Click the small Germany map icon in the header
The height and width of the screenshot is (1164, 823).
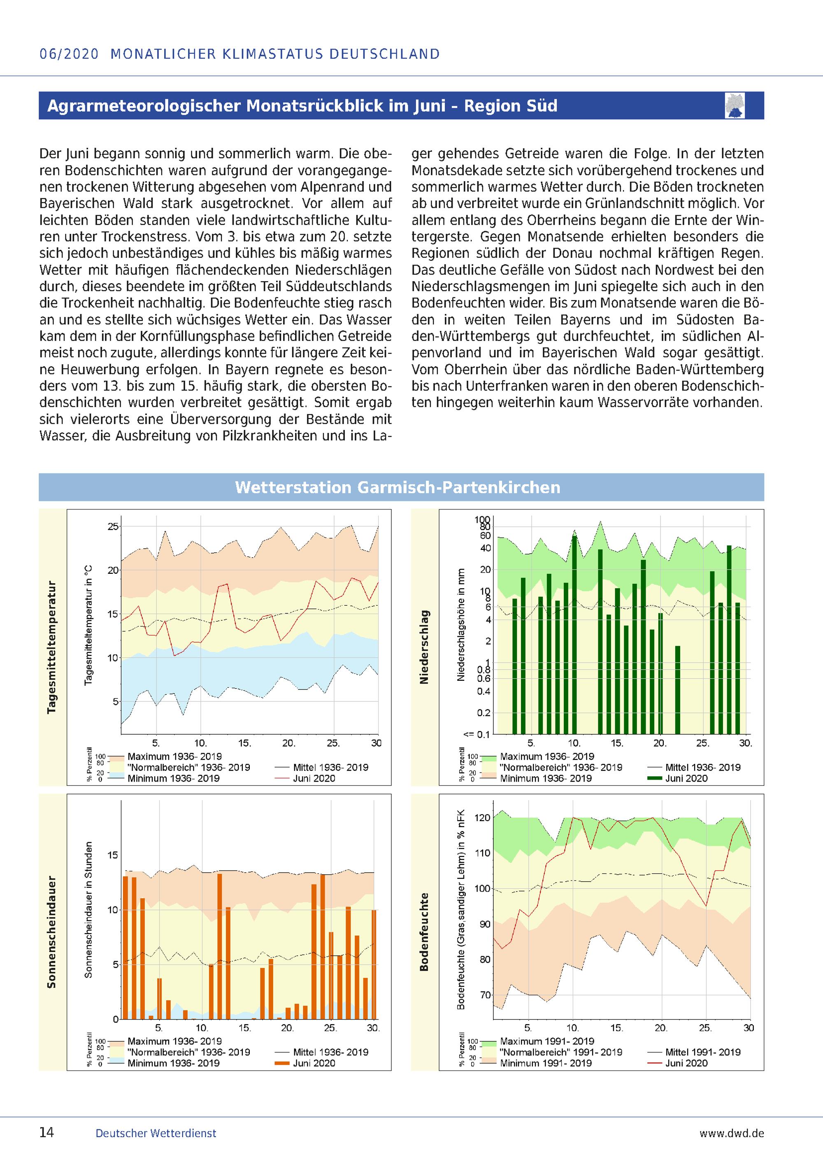[x=735, y=105]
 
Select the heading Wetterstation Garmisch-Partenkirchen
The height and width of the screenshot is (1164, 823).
[x=398, y=487]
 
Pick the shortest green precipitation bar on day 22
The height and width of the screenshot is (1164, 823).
[x=678, y=689]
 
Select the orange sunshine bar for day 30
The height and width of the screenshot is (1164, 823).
[x=374, y=964]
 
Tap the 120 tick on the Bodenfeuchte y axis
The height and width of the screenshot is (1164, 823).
[x=482, y=818]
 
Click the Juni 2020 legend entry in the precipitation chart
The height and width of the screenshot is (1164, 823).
[x=686, y=778]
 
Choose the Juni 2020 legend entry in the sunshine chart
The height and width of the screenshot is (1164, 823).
[x=314, y=1063]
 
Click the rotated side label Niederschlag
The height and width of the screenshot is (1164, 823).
[x=424, y=647]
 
